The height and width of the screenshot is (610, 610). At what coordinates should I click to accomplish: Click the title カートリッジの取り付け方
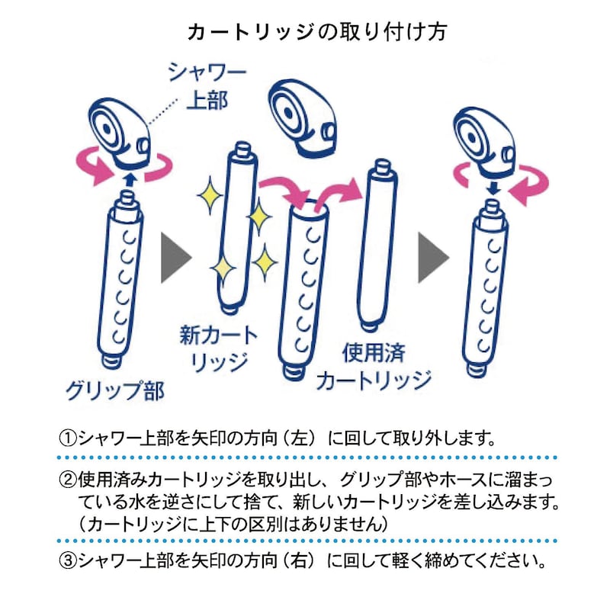point(317,32)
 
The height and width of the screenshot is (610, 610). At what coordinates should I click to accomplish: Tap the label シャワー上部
point(207,87)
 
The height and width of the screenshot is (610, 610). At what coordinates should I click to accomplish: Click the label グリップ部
point(116,390)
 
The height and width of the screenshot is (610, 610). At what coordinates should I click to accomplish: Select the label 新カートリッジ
point(219,348)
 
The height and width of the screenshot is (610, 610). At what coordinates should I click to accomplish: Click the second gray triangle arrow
point(433,258)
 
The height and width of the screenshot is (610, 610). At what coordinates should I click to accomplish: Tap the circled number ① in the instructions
point(67,439)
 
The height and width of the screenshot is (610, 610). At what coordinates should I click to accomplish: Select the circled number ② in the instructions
point(67,480)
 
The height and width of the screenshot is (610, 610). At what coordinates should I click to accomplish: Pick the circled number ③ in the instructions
point(67,560)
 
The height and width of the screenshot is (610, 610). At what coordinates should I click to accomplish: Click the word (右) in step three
point(300,560)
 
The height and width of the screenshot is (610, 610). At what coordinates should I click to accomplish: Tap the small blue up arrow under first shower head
point(130,180)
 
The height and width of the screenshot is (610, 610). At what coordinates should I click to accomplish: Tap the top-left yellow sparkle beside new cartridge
point(210,194)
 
